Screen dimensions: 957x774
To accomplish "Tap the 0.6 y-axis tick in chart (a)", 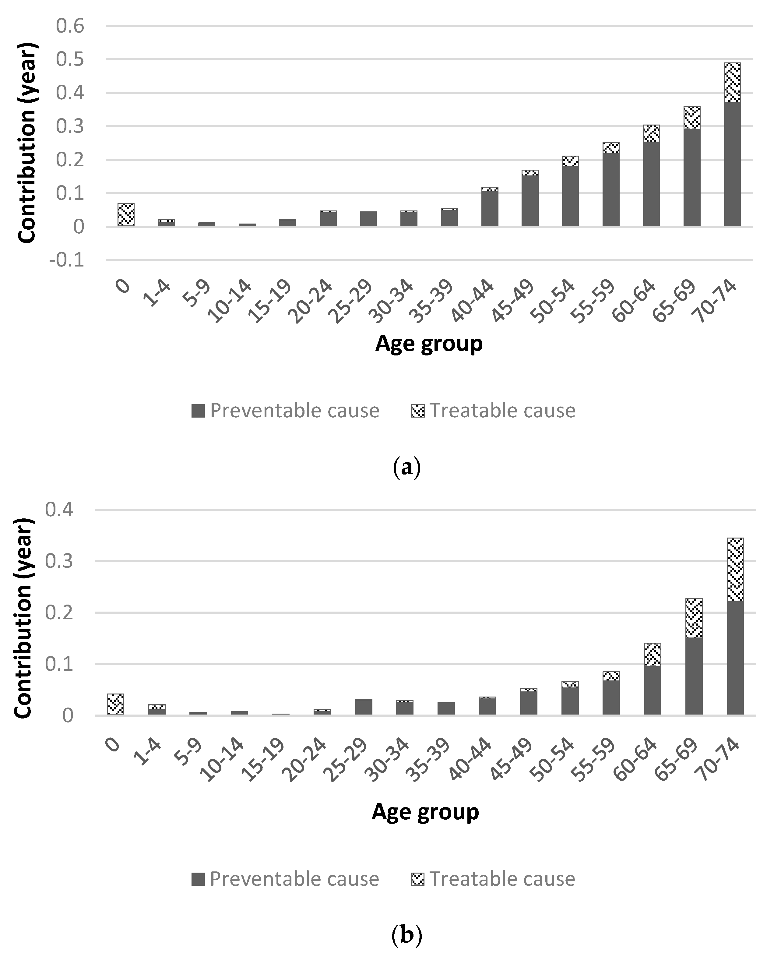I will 70,26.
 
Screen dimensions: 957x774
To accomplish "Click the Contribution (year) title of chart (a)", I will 27,143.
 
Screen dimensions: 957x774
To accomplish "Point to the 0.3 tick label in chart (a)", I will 70,127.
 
